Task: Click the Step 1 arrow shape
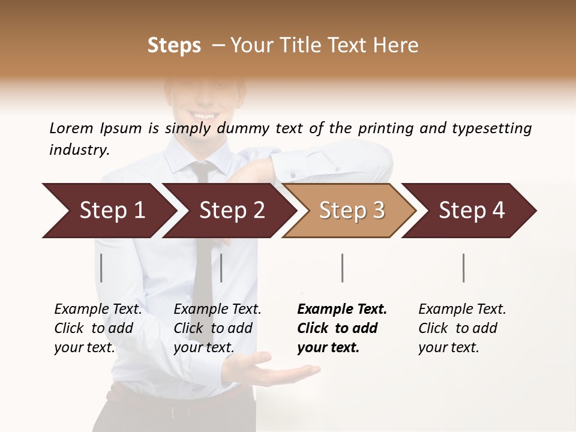(108, 211)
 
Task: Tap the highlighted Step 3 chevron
(351, 211)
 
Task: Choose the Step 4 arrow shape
(471, 211)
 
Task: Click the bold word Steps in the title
(174, 46)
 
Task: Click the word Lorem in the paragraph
(71, 128)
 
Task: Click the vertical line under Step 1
(101, 268)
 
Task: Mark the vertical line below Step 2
(221, 268)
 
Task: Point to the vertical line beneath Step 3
(343, 268)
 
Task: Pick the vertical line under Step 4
(464, 268)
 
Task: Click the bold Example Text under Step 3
(342, 310)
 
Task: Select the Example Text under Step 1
(98, 310)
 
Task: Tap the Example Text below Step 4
(462, 310)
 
